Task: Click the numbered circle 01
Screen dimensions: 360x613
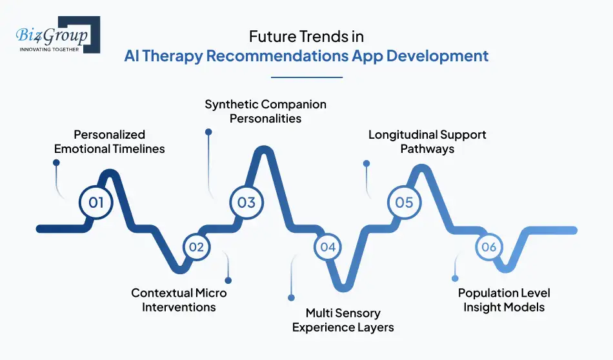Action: (96, 203)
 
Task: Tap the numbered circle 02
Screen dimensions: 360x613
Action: (196, 246)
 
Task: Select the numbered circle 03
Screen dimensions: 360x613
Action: (246, 203)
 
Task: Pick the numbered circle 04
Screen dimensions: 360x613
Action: (328, 246)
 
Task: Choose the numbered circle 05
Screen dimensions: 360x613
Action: (404, 203)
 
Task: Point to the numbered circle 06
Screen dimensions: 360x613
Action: (488, 246)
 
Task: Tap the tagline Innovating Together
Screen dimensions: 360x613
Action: (49, 48)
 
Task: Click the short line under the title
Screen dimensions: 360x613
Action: (306, 77)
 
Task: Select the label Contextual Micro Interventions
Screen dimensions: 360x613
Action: (179, 300)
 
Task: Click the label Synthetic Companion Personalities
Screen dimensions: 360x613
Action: (266, 111)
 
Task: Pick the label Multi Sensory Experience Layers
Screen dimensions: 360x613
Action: (343, 320)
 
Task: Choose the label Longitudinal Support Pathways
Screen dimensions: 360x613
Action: (427, 142)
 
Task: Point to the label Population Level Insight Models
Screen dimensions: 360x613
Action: (504, 300)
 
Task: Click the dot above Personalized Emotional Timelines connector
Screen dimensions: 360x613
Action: (56, 163)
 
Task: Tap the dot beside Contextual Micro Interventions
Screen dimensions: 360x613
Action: (228, 280)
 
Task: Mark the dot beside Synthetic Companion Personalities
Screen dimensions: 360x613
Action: (208, 132)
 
